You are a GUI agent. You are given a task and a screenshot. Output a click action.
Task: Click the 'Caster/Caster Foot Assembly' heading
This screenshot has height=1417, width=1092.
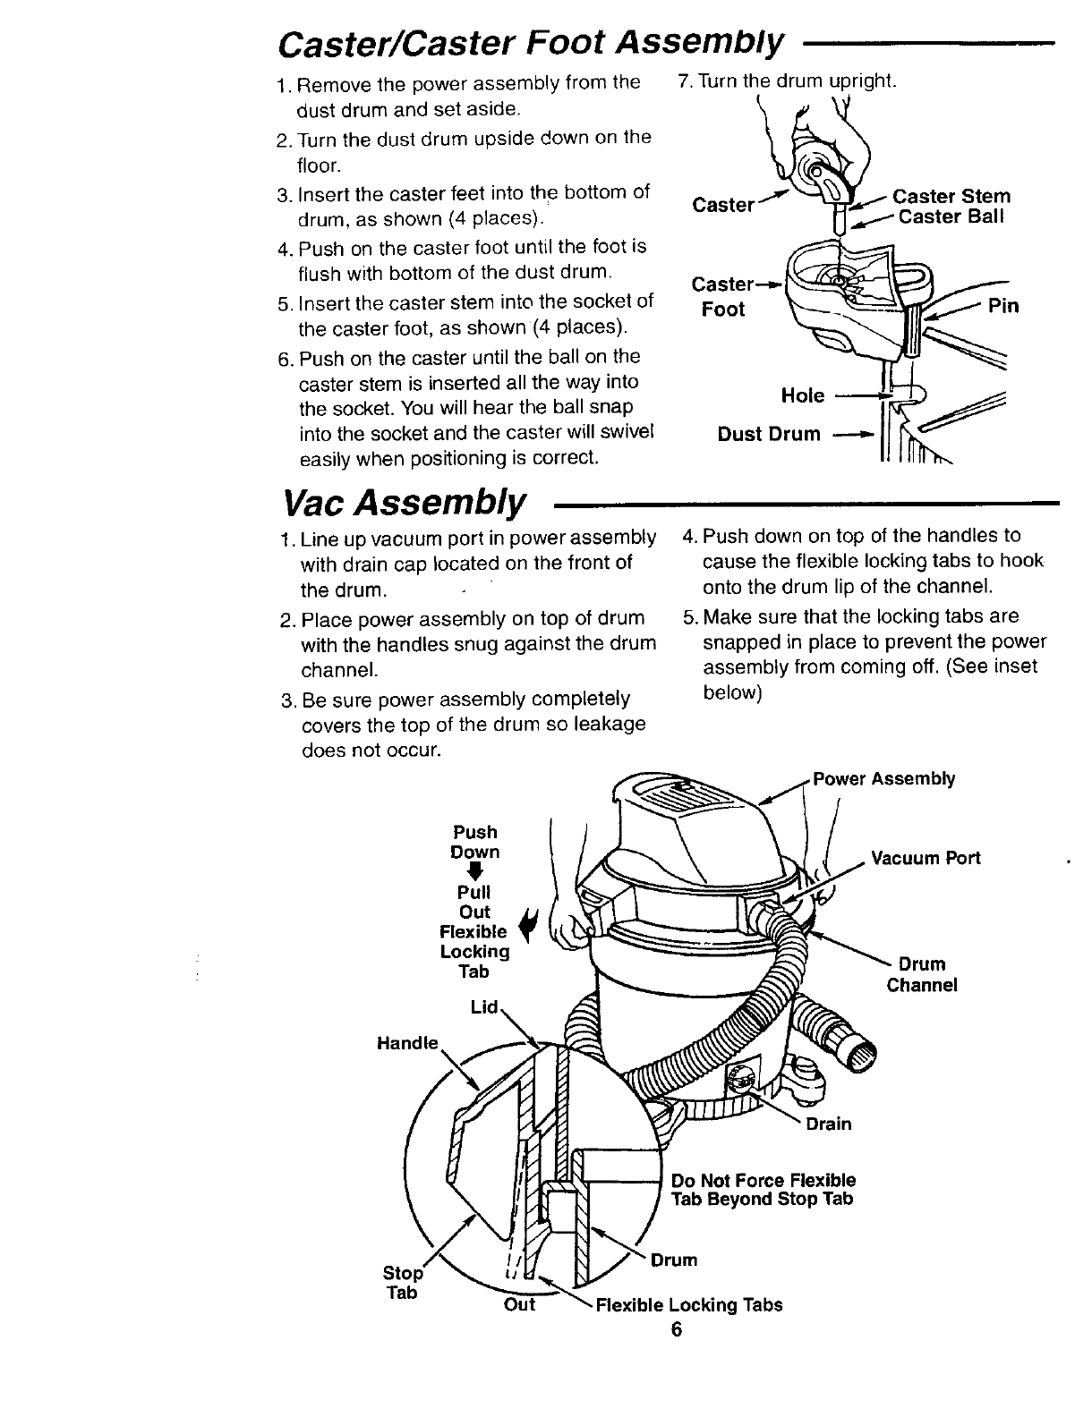pos(532,40)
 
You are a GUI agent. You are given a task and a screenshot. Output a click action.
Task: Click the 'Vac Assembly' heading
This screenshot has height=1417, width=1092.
pos(405,505)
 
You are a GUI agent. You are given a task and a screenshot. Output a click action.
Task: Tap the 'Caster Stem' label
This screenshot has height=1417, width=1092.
pos(951,197)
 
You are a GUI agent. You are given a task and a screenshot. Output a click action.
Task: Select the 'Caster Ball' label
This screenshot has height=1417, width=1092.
pos(951,217)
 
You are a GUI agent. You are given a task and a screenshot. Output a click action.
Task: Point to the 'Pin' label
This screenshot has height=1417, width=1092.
pos(1002,307)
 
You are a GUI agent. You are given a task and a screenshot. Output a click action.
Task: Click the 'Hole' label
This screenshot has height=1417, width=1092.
pos(802,395)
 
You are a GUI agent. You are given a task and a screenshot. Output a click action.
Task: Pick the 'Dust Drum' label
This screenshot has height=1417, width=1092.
pos(769,434)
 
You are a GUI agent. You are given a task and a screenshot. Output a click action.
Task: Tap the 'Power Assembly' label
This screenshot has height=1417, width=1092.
pos(883,778)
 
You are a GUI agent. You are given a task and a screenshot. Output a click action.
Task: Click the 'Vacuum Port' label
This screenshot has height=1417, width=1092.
pos(925,858)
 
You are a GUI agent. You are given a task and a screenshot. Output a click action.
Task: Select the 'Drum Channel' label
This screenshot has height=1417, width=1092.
pos(922,974)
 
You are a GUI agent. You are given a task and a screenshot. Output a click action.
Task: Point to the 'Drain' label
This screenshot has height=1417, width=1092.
pos(828,1124)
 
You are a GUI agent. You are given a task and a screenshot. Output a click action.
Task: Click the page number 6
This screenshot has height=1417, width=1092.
pos(676,1329)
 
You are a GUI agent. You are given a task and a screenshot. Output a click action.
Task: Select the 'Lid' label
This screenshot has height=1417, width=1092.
pos(483,1007)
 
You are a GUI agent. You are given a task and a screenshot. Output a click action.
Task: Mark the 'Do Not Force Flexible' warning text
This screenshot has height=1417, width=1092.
pos(763,1180)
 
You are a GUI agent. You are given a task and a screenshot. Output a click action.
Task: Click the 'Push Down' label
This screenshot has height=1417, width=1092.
pos(475,842)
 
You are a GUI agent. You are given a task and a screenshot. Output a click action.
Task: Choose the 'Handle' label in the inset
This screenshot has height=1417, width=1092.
pos(408,1043)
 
